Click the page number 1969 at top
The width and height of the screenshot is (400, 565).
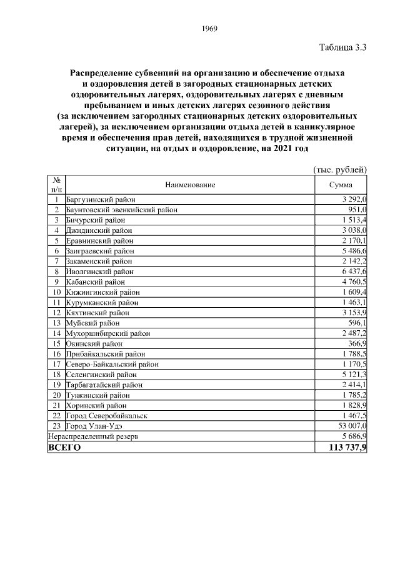tap(209, 29)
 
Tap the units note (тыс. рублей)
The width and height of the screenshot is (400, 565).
tap(339, 170)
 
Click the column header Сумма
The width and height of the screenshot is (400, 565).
tap(341, 185)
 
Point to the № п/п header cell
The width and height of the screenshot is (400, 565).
tap(56, 185)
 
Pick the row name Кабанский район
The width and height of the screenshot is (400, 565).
tap(91, 282)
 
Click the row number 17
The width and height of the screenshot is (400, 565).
tap(56, 364)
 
